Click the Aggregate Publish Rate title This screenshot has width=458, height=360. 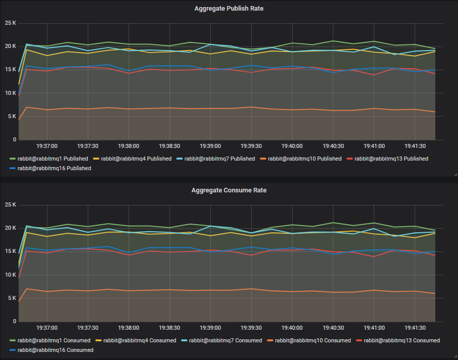click(x=229, y=9)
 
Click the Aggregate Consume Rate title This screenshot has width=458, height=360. click(x=229, y=190)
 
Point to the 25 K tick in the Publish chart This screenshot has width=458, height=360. click(x=11, y=23)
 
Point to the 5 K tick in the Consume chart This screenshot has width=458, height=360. click(x=12, y=298)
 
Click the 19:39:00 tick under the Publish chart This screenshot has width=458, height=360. click(x=211, y=146)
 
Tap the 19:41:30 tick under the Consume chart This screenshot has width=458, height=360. click(x=414, y=328)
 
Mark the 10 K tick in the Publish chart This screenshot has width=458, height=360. click(x=11, y=93)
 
